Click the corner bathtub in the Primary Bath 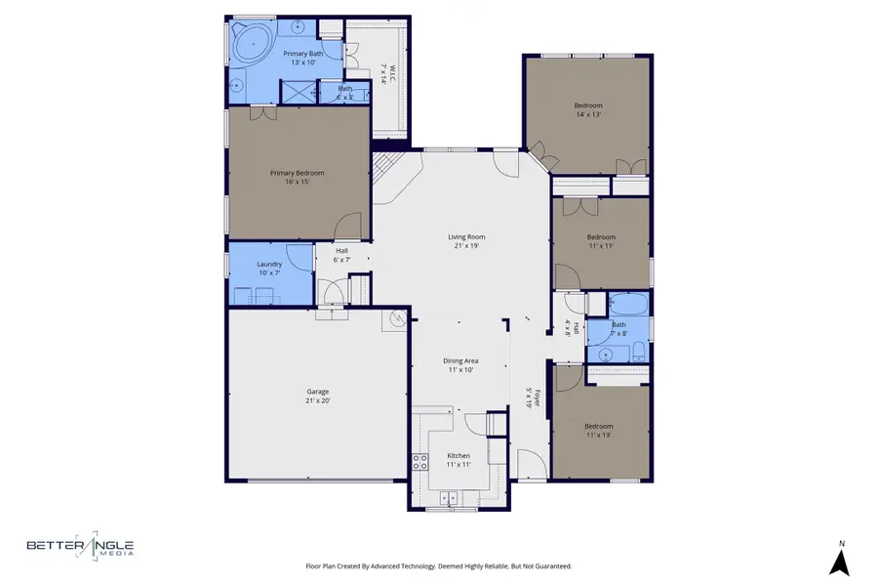(253, 45)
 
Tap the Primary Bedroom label (297, 177)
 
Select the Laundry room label (269, 269)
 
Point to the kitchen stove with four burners (420, 462)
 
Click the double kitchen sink (451, 498)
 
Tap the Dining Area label (460, 365)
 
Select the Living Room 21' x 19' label (466, 241)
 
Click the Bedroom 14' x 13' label (587, 109)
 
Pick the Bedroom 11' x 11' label (601, 241)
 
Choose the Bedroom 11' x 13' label (599, 431)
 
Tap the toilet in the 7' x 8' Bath (637, 352)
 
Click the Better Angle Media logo (80, 549)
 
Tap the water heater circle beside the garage (396, 318)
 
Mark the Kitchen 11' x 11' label (459, 460)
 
